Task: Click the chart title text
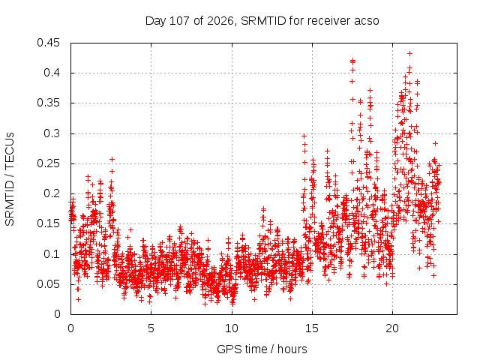[x=262, y=21]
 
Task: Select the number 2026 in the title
[x=220, y=21]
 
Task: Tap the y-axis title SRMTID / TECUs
[x=10, y=179]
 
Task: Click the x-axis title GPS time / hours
[x=262, y=349]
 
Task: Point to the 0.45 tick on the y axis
[x=48, y=43]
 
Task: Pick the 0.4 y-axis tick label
[x=52, y=73]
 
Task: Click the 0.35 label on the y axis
[x=48, y=103]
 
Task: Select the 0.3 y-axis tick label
[x=52, y=133]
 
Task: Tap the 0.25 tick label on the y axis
[x=48, y=163]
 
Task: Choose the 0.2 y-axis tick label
[x=52, y=193]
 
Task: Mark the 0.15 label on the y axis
[x=48, y=223]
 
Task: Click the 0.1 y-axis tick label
[x=52, y=254]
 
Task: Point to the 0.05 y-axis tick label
[x=48, y=284]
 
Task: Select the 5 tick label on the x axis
[x=151, y=328]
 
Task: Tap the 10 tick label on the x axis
[x=232, y=328]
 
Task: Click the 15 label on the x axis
[x=312, y=328]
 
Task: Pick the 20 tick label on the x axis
[x=392, y=328]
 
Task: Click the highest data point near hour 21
[x=410, y=53]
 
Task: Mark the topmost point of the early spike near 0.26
[x=112, y=159]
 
